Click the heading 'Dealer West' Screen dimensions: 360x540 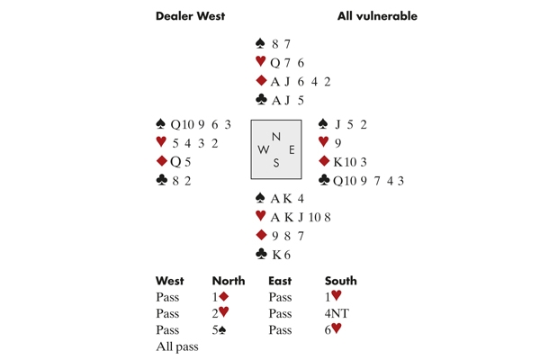coord(190,16)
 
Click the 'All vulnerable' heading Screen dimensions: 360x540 coord(377,16)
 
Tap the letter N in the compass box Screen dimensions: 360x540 coord(276,137)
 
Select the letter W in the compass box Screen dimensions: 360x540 coord(262,149)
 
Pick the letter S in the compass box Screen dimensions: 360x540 coord(276,163)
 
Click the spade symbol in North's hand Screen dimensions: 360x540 coord(261,42)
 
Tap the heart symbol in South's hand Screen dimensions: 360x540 coord(261,216)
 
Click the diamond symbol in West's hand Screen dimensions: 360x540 coord(162,161)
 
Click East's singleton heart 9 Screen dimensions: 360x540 coord(338,142)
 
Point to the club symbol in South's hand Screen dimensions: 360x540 coord(261,254)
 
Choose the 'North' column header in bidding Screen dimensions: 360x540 coord(228,282)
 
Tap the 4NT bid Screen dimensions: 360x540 coord(337,314)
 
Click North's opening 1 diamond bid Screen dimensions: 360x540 coord(221,297)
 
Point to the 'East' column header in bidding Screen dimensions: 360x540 coord(280,282)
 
